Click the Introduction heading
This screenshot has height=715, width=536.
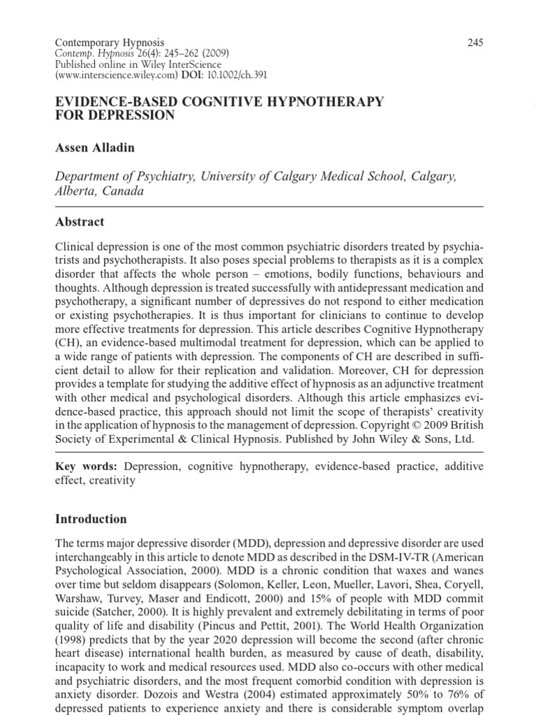[91, 519]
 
